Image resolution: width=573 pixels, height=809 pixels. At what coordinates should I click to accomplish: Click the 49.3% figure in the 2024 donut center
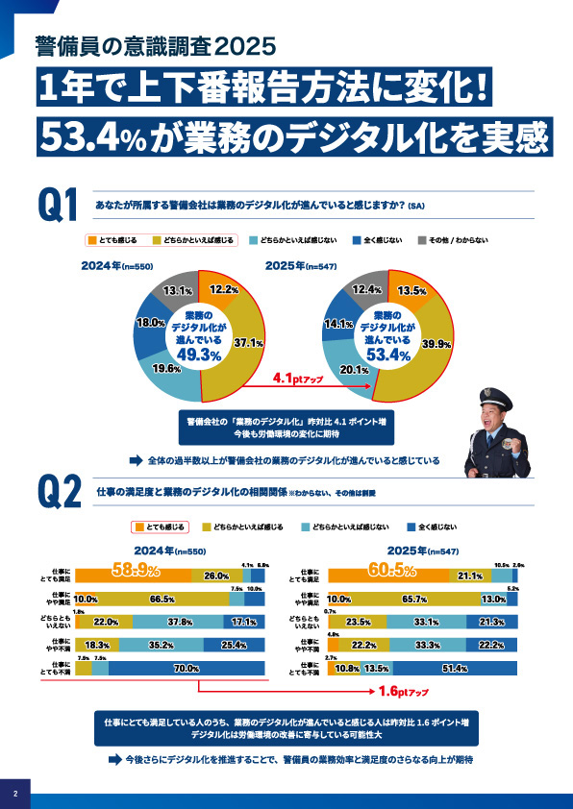(x=201, y=355)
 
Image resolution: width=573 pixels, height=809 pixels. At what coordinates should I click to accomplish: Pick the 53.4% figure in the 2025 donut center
(x=388, y=355)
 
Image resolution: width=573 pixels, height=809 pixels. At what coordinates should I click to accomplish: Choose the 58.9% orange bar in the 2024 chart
(x=135, y=575)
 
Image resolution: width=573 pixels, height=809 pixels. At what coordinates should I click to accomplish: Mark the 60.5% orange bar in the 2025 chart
(x=389, y=575)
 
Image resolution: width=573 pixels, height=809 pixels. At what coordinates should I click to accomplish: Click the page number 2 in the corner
(x=15, y=794)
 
